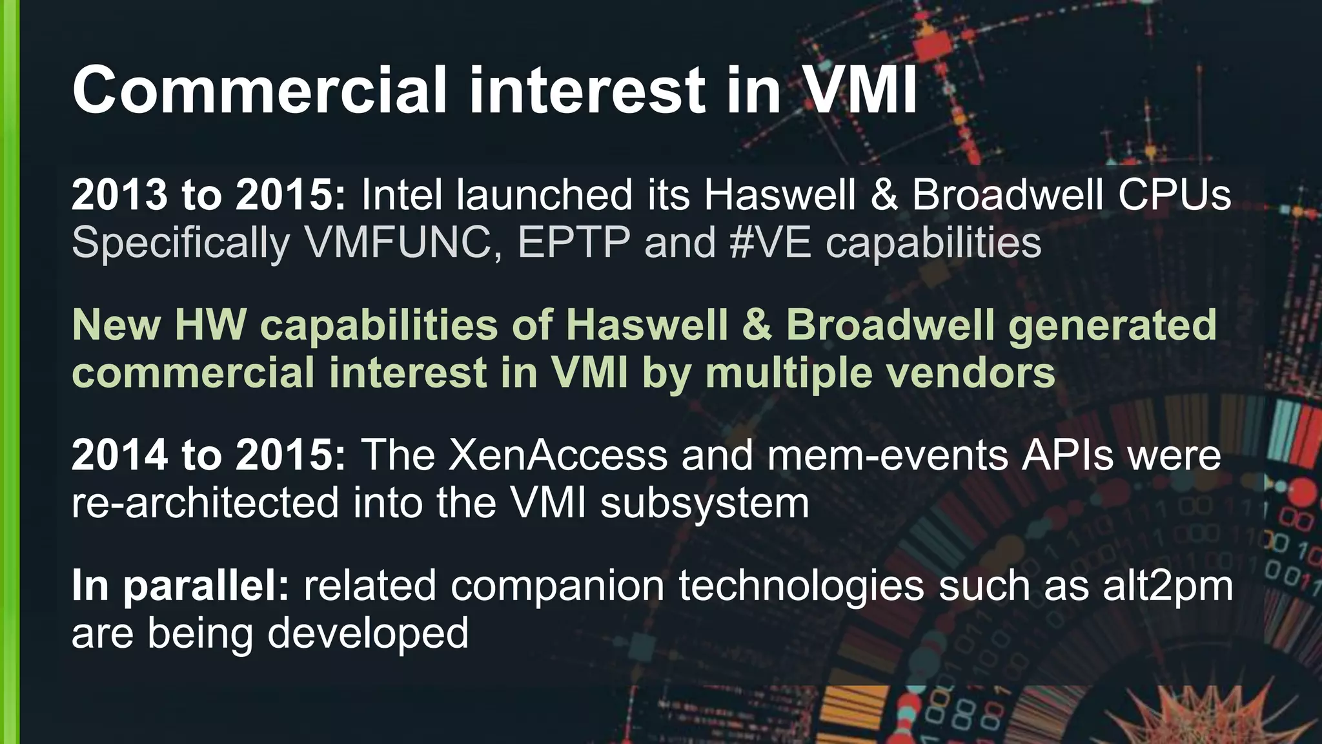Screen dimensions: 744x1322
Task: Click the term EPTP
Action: pos(573,243)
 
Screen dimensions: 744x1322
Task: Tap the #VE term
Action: pos(770,243)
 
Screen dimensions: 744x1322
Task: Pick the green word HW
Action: pos(210,325)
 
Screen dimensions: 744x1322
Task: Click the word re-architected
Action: pos(205,503)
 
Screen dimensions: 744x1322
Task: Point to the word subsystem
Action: pos(704,503)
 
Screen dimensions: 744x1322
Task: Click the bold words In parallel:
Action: pos(180,586)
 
